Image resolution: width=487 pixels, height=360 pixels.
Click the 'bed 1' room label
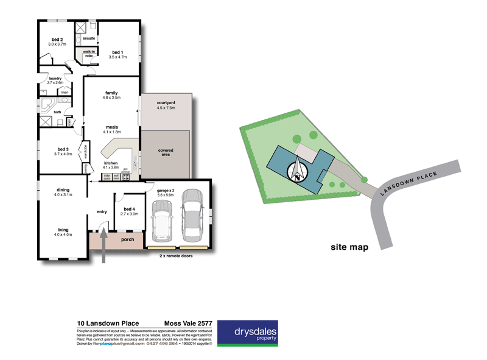click(x=117, y=52)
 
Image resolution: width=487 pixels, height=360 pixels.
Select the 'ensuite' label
click(x=88, y=38)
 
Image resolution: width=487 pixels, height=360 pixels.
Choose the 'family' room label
click(x=111, y=93)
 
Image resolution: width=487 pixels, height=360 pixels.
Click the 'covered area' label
click(x=166, y=152)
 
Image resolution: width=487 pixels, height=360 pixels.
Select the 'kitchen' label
click(x=110, y=164)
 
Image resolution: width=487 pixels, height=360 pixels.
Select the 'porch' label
click(x=127, y=239)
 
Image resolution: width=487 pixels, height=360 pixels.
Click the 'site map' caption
click(x=349, y=247)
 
